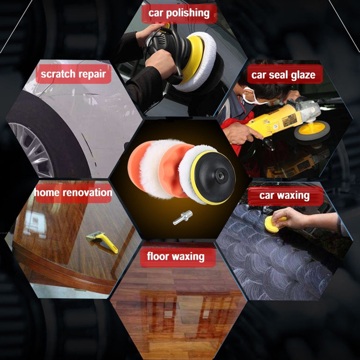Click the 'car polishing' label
coord(179,13)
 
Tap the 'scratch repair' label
coord(73,74)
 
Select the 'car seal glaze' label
coord(285,74)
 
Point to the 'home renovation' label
coord(73,193)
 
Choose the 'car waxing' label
coord(285,196)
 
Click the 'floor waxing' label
coord(177,256)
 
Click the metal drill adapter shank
coord(183,217)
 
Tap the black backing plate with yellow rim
coord(213,177)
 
